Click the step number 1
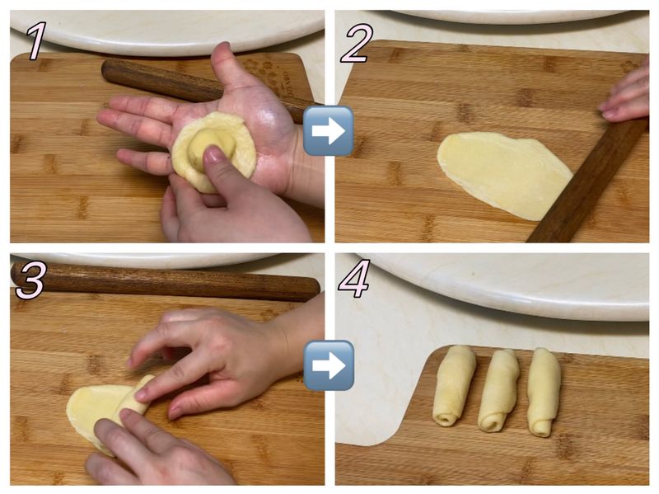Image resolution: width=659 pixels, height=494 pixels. tap(36, 40)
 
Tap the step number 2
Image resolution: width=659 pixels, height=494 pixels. tap(356, 44)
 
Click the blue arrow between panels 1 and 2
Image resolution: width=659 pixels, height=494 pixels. tap(328, 130)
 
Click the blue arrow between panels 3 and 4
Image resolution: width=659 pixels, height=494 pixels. tap(329, 365)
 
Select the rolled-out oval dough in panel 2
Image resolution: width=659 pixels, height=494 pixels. tap(504, 174)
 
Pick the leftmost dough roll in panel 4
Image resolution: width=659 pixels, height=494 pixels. tap(454, 385)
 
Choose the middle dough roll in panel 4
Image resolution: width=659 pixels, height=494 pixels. tap(499, 390)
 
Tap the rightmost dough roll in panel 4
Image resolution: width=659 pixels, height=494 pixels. tap(544, 392)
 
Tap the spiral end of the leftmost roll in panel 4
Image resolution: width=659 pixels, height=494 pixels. tap(445, 419)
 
